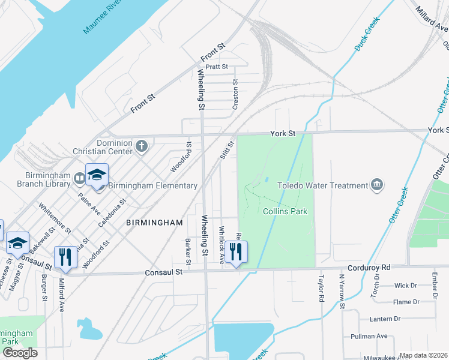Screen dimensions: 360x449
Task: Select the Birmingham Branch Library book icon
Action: pos(79,178)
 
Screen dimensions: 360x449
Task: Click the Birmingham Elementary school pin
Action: pos(97,175)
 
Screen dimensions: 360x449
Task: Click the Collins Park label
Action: pos(285,211)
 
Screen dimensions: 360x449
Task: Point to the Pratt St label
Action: pos(217,67)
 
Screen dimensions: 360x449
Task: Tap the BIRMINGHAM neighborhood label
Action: pos(154,223)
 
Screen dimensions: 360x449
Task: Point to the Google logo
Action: pos(20,352)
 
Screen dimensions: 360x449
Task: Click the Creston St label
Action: pos(235,95)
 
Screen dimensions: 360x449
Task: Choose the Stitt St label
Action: pos(226,149)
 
